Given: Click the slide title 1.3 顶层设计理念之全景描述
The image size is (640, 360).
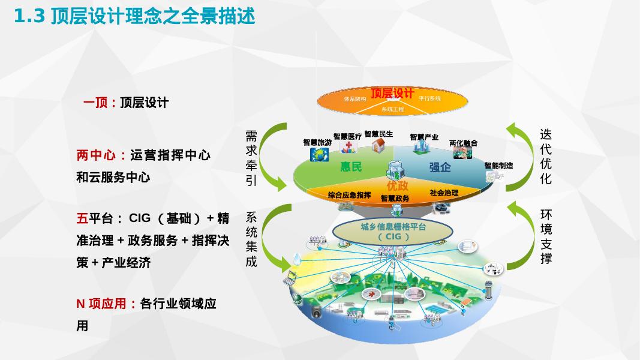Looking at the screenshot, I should [x=134, y=16].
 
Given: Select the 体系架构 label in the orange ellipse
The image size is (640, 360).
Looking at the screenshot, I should [x=354, y=98].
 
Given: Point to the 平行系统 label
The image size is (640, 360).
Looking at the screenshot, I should [x=429, y=98].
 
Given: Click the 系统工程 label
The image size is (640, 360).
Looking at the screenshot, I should [x=392, y=109].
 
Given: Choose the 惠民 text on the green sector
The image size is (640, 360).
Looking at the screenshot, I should [x=351, y=167].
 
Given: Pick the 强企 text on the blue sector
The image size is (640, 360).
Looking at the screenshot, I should [x=440, y=167].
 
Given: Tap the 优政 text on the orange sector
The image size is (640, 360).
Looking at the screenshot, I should [x=397, y=185].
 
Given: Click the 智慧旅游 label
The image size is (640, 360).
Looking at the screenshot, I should [x=317, y=143].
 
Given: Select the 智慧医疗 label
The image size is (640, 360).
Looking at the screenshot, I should [x=347, y=137].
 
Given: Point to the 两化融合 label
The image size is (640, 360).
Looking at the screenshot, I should [x=464, y=143].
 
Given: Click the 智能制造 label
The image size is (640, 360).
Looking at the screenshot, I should [x=498, y=165].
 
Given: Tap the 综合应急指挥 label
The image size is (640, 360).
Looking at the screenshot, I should [x=350, y=195].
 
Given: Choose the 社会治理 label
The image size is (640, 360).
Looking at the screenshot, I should [x=444, y=193].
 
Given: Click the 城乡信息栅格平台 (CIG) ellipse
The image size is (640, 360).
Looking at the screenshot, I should [x=393, y=232].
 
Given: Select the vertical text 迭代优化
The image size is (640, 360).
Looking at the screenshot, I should [x=545, y=156].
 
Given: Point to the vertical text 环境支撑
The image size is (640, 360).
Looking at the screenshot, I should [x=546, y=236].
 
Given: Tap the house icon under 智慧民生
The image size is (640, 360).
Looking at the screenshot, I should [x=378, y=145].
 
